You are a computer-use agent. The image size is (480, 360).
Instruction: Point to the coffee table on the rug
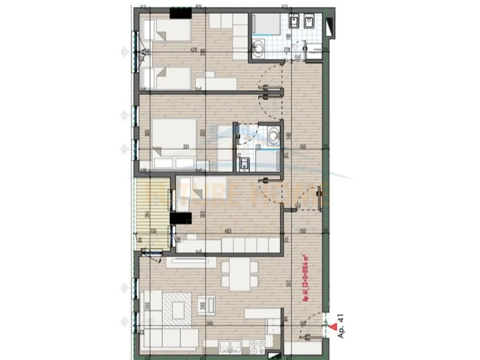pyautogui.click(x=178, y=306)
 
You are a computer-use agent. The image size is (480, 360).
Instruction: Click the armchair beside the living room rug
pyautogui.click(x=204, y=305)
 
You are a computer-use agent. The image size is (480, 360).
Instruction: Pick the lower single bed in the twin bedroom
pyautogui.click(x=165, y=78)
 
